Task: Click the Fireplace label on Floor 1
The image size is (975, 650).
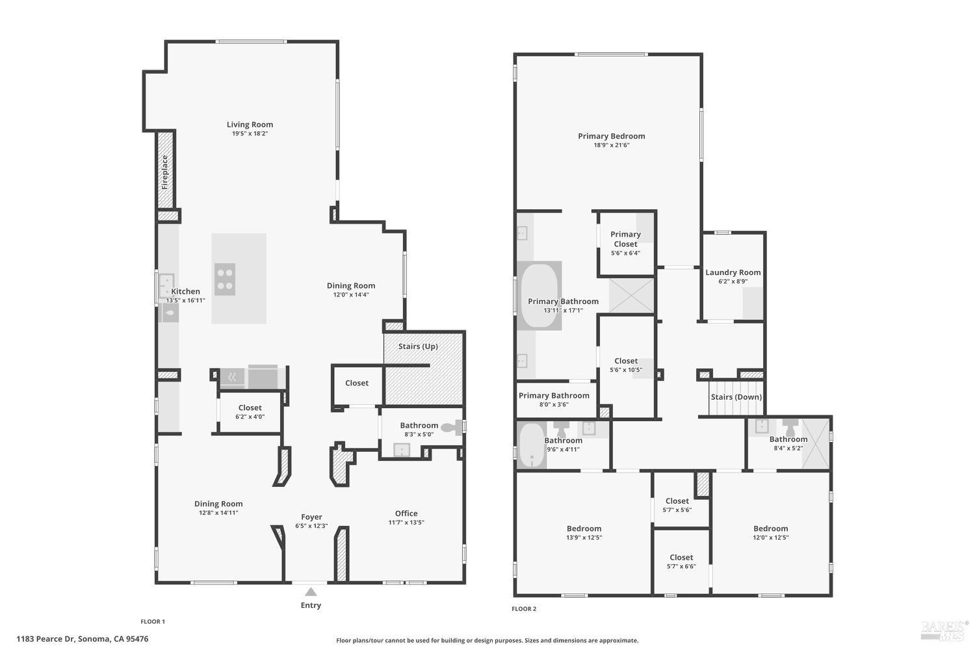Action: [x=165, y=171]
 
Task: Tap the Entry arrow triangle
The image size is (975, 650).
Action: [x=311, y=591]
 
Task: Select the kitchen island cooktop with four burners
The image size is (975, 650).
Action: [x=225, y=279]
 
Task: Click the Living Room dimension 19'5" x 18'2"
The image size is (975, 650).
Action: [x=250, y=134]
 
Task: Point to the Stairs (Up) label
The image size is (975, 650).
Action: [x=418, y=346]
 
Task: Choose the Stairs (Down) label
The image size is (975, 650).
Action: [x=736, y=397]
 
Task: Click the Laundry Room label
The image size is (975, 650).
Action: [x=733, y=272]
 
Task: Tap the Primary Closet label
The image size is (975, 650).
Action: [x=625, y=239]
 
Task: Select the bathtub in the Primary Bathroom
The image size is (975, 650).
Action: [x=539, y=295]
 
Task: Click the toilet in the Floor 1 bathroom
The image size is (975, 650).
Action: [x=450, y=428]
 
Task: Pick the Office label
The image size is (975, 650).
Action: [x=406, y=513]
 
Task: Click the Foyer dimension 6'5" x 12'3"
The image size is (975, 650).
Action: [x=311, y=526]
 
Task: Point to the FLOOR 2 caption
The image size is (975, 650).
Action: [x=524, y=609]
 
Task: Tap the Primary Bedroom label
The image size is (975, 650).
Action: [x=611, y=136]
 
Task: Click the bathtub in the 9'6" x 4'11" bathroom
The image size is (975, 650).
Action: [x=532, y=445]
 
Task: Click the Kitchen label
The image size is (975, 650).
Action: [x=185, y=292]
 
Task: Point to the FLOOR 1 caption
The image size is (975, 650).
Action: [x=153, y=621]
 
